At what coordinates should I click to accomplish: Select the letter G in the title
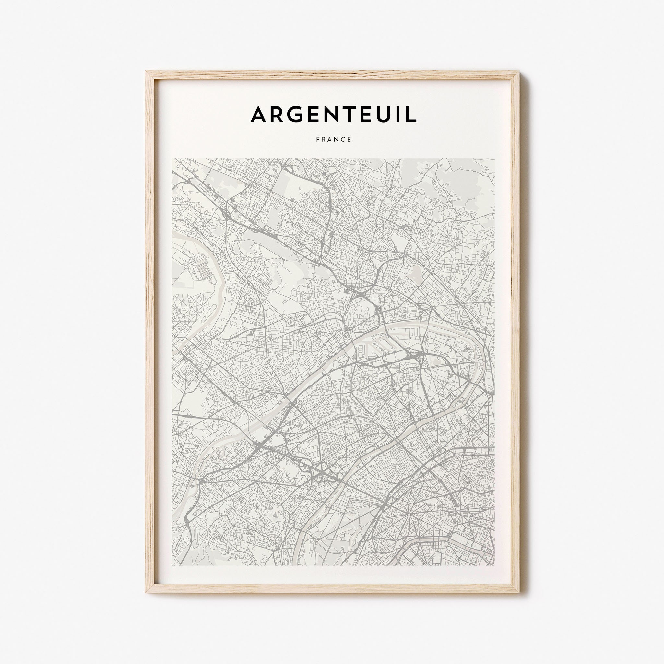tap(295, 114)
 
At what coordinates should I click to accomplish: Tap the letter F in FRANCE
tap(317, 139)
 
